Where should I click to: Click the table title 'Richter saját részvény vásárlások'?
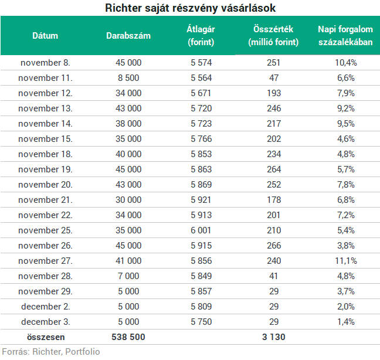pos(190,8)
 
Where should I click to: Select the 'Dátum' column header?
pos(45,36)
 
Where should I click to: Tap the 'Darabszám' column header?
pos(128,36)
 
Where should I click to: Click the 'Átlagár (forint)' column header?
pos(201,36)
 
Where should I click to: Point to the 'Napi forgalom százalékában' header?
pos(345,36)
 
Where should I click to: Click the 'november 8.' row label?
pos(45,63)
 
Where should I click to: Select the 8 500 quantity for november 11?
pos(128,78)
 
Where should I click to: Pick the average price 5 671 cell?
pos(201,93)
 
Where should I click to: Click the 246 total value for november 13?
pos(274,108)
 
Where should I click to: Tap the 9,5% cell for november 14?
pos(346,124)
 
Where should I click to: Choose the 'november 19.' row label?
pos(45,169)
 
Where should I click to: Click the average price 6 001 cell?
pos(201,230)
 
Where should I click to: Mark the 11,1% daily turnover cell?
pos(346,261)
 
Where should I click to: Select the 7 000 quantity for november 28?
pos(128,276)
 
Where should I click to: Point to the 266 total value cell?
pos(274,246)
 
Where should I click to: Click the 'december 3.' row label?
pos(46,322)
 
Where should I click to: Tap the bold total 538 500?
pos(128,337)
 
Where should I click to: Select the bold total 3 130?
pos(274,337)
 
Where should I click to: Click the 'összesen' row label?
pos(46,337)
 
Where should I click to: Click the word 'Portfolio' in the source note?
pos(83,352)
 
